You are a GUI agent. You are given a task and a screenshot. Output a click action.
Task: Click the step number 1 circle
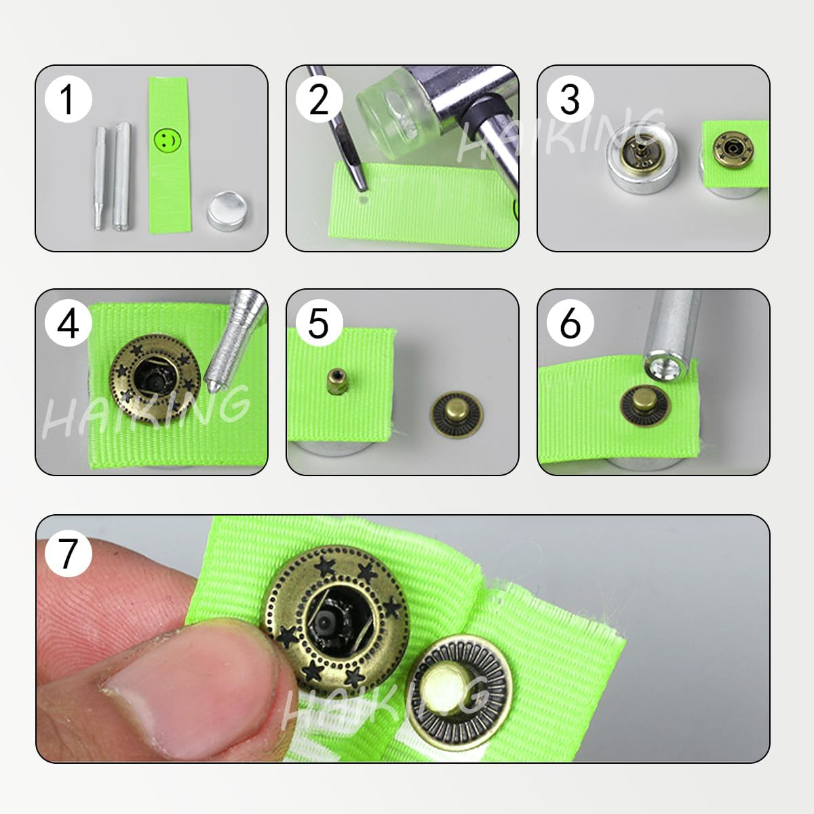(x=67, y=99)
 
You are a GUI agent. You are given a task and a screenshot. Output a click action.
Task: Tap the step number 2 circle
(x=319, y=99)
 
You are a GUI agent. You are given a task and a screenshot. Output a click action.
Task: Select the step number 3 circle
(x=570, y=99)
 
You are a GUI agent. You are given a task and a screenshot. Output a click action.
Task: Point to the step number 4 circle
(x=67, y=324)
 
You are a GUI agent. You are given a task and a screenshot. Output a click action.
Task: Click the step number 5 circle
(x=319, y=324)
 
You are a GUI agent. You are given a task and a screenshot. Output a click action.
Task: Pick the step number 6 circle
(x=570, y=324)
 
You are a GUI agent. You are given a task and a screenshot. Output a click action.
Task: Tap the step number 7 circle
(x=67, y=552)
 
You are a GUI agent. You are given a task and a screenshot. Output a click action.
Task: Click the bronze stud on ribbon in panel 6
(x=644, y=404)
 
